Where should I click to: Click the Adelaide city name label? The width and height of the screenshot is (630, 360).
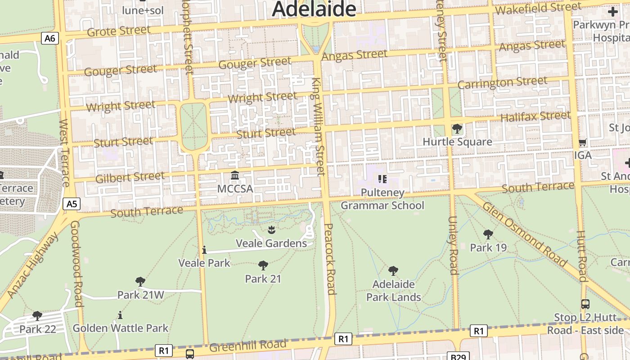[x=314, y=9]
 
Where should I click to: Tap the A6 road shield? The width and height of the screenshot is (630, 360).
[x=50, y=38]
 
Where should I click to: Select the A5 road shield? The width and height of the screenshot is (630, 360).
[x=72, y=204]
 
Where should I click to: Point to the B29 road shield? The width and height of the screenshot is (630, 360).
[x=458, y=356]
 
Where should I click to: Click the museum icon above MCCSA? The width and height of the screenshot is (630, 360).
[x=235, y=175]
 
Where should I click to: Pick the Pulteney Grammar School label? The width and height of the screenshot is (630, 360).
[x=382, y=199]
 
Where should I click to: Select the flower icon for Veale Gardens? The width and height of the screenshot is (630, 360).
[x=271, y=230]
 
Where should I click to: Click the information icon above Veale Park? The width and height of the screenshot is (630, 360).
[x=204, y=250]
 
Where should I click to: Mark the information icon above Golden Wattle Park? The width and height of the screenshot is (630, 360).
[x=120, y=315]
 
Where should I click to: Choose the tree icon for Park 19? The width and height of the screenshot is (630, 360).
[x=488, y=234]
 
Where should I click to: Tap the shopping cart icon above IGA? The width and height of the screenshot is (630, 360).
[x=582, y=143]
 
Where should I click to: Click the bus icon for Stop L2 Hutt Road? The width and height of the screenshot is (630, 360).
[x=585, y=304]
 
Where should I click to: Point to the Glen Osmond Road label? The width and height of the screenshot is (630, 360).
[x=525, y=234]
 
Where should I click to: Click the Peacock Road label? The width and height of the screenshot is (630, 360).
[x=330, y=259]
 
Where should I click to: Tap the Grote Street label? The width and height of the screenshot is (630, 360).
[x=119, y=31]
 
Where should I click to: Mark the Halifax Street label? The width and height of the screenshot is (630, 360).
[x=535, y=117]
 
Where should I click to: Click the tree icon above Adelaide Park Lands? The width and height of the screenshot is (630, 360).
[x=393, y=271]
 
